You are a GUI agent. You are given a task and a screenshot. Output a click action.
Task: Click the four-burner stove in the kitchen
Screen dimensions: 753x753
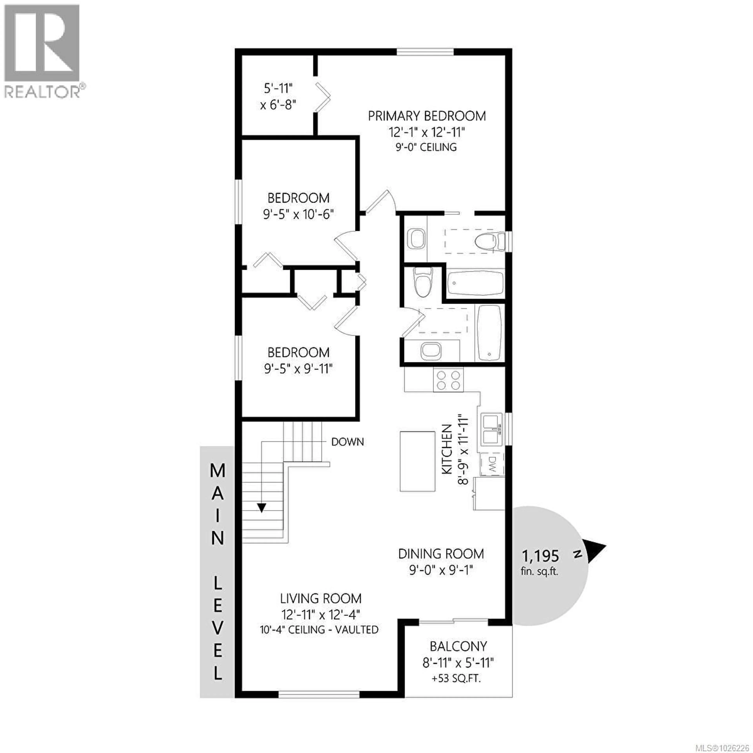tap(449, 380)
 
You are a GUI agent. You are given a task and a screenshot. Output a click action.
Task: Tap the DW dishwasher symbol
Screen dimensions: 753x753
tap(491, 465)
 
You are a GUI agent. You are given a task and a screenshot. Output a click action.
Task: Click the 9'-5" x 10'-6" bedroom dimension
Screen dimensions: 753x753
tap(298, 214)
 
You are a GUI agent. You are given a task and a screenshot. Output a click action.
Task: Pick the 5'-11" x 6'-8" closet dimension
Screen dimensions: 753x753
tap(278, 97)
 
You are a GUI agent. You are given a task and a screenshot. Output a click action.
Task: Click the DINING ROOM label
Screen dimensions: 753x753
tap(441, 554)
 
